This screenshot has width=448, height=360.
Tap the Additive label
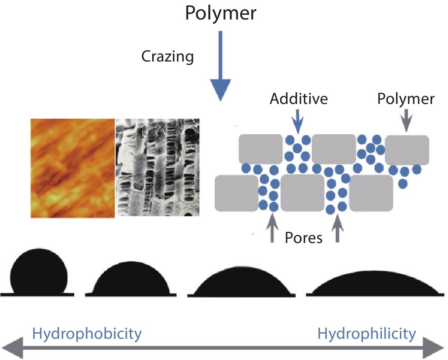click(298, 99)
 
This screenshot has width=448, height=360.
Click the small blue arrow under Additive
click(297, 121)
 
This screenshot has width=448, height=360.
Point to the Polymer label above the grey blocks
click(405, 99)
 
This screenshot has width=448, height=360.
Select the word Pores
click(304, 237)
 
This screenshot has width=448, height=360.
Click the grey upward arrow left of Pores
click(272, 229)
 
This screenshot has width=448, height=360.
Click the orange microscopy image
click(72, 168)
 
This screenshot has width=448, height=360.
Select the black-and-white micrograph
click(157, 167)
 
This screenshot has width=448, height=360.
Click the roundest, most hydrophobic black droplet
click(39, 272)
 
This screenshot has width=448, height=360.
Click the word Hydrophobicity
click(87, 334)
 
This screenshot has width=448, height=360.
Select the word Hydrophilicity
click(366, 334)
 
